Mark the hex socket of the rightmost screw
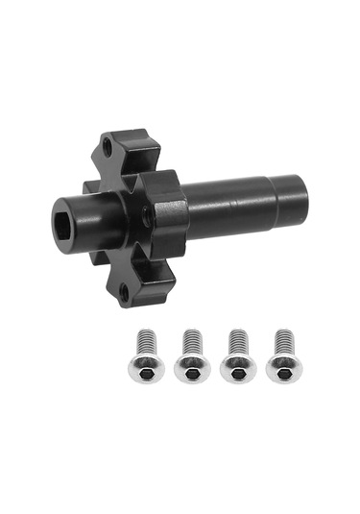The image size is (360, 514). pos(284,371)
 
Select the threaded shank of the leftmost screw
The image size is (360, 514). pos(147,341)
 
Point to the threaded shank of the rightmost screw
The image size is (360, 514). pos(284,341)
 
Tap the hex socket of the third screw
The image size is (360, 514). pos(238,371)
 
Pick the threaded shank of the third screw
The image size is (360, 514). pos(238,341)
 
